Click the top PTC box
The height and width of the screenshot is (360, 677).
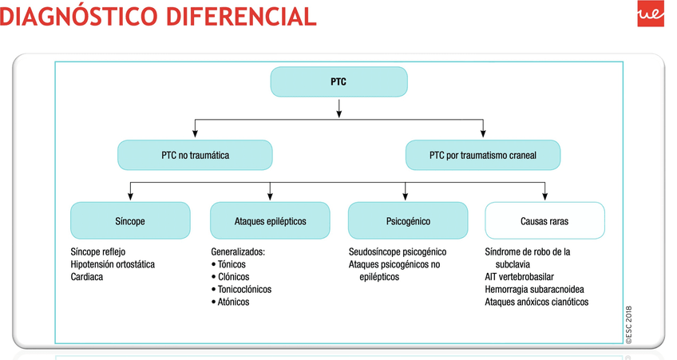click(339, 81)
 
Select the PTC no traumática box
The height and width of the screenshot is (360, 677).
click(195, 155)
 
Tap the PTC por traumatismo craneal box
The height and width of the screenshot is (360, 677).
click(483, 155)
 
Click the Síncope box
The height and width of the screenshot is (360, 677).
click(130, 220)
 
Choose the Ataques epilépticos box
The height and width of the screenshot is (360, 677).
click(270, 220)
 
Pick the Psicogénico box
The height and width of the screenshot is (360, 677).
click(408, 220)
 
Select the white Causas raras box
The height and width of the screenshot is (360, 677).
click(545, 220)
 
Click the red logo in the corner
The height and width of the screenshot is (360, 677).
click(651, 14)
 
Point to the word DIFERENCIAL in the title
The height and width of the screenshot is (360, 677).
click(241, 17)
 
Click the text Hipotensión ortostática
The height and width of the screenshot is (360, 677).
click(113, 264)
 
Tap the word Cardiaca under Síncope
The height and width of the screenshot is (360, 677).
click(87, 277)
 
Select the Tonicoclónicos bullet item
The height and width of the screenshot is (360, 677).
click(241, 289)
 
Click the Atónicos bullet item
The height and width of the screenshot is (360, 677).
click(230, 302)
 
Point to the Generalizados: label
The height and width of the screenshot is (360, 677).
click(238, 251)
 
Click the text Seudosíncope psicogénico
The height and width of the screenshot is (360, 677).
click(398, 251)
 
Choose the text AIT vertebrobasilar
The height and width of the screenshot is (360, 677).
click(519, 277)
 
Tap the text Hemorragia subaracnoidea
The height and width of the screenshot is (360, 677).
click(535, 289)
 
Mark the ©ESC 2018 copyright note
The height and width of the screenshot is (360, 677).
click(628, 325)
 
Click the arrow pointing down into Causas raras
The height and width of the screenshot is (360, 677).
click(545, 192)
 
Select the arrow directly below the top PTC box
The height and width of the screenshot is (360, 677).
click(339, 109)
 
